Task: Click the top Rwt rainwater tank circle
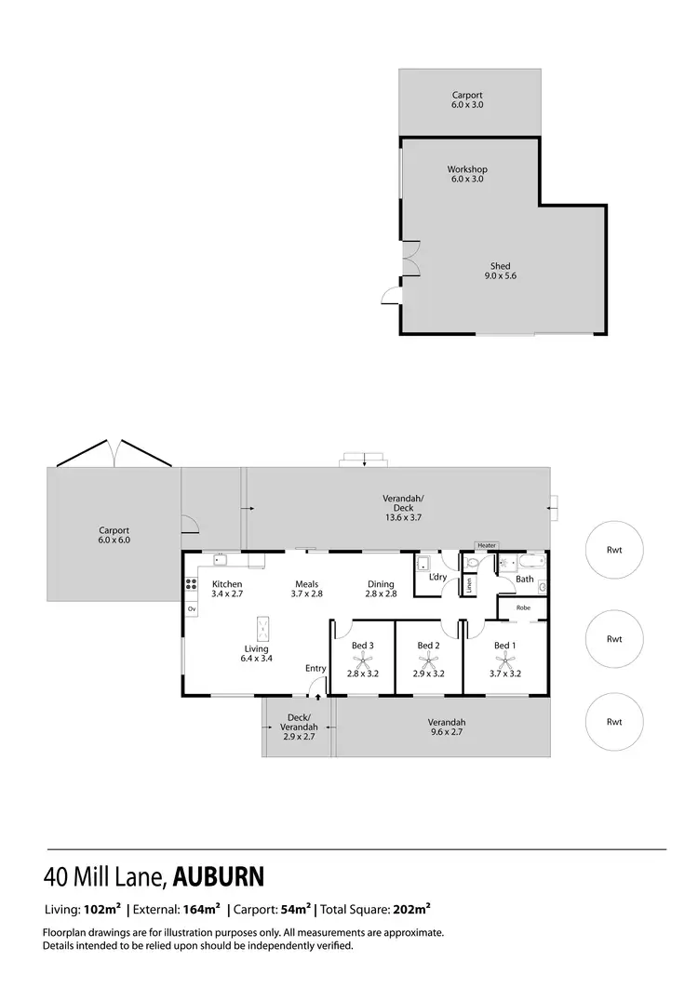point(613,550)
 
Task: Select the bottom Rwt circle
point(613,721)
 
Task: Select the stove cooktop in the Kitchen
point(192,584)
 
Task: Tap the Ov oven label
point(192,608)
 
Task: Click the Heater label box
point(486,545)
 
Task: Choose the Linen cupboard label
point(470,586)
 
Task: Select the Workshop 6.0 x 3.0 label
point(467,174)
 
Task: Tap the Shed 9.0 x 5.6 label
point(500,271)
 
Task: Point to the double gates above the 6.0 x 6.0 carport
point(113,454)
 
